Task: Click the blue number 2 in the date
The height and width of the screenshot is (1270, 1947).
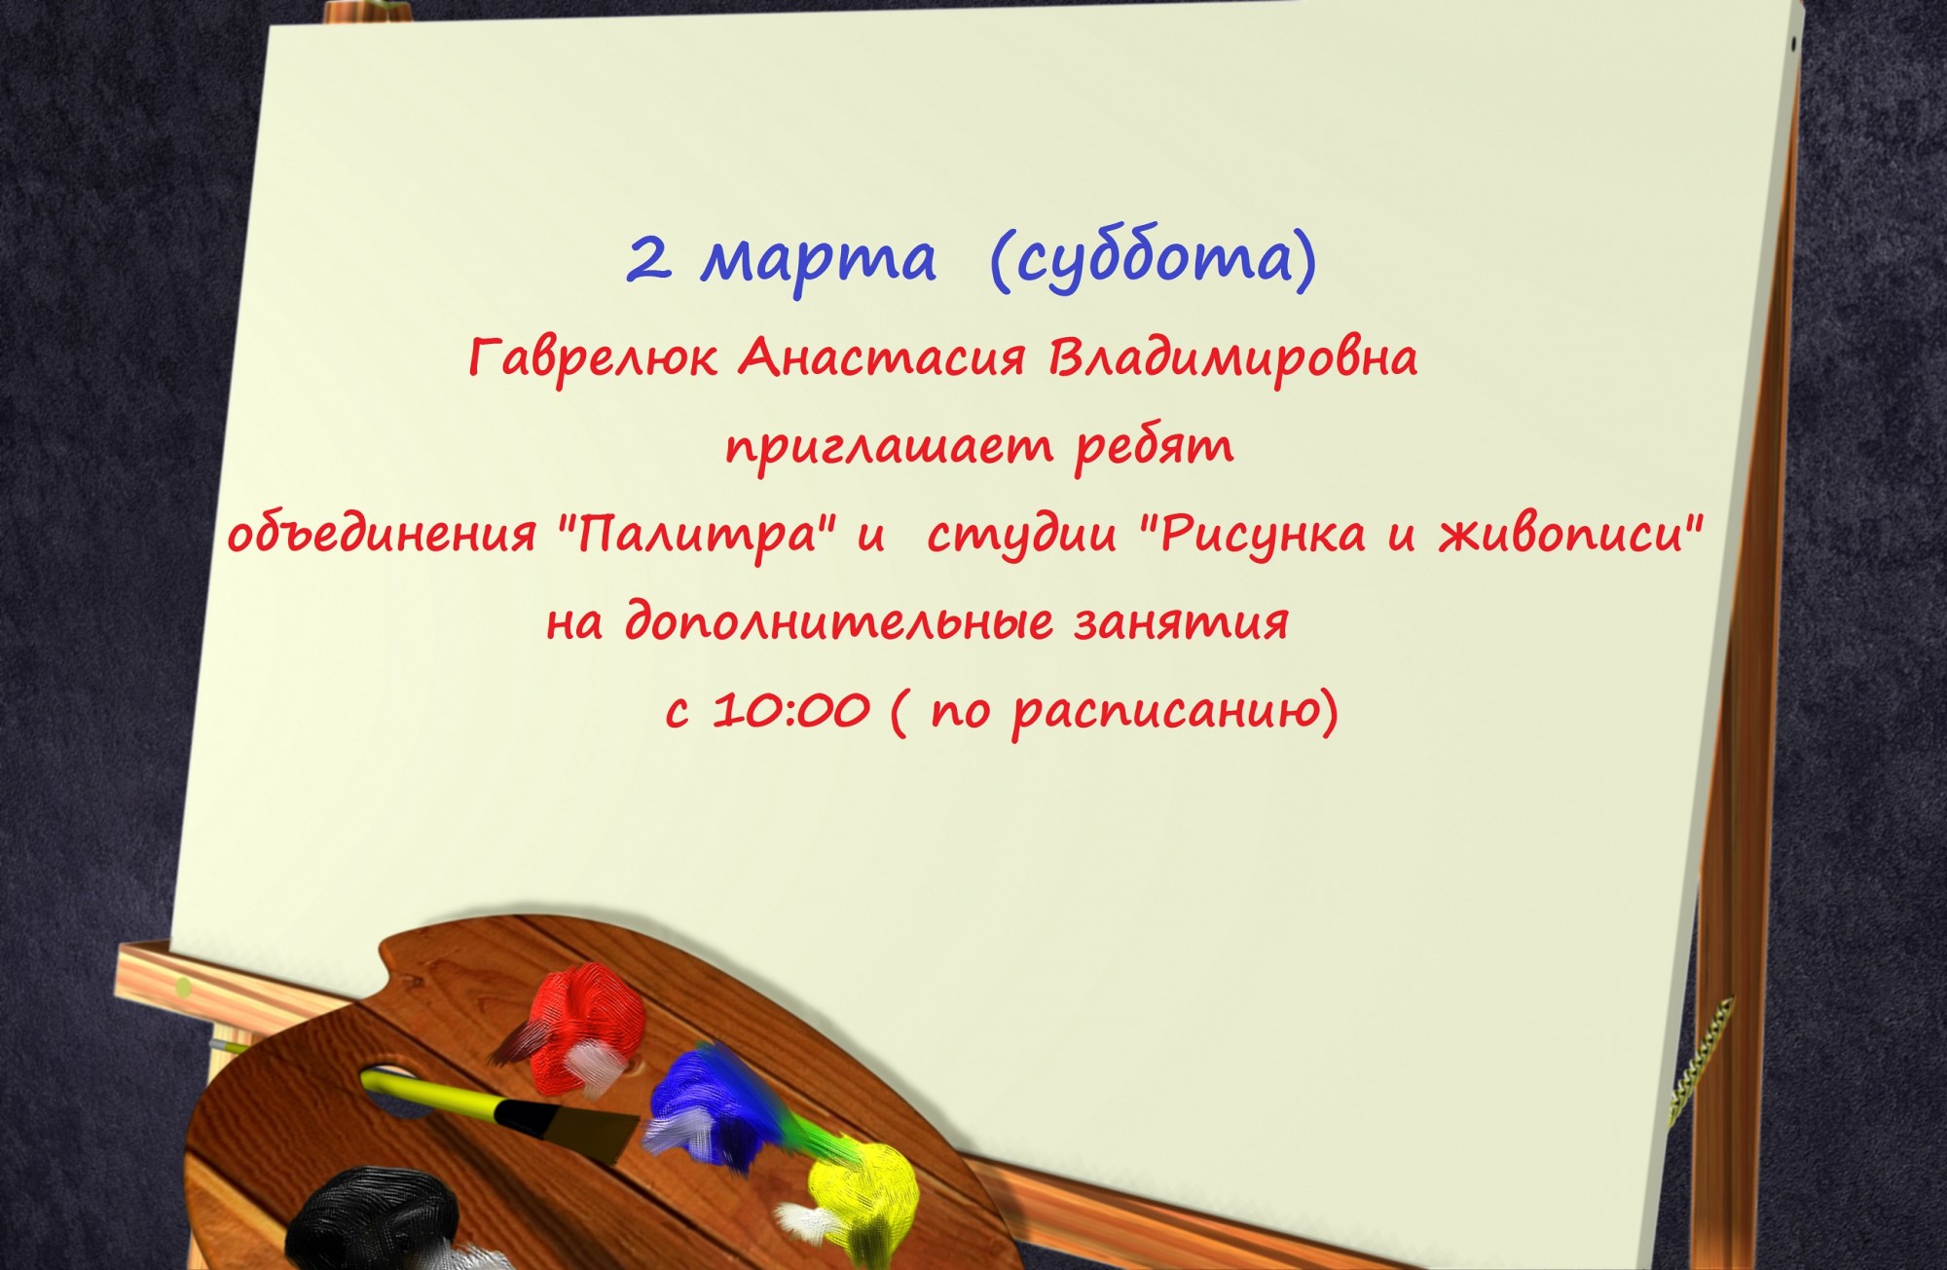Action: pos(649,259)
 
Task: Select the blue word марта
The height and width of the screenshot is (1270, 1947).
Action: pos(819,261)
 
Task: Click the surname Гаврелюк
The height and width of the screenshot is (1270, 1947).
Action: pos(593,359)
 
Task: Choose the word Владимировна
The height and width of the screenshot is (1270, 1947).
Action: pos(1232,359)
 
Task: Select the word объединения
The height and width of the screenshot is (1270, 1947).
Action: pos(382,535)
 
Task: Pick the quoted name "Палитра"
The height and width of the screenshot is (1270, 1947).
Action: pos(697,536)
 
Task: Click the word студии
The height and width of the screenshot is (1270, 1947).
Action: pos(1022,537)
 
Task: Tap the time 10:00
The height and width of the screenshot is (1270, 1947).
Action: pos(790,711)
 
